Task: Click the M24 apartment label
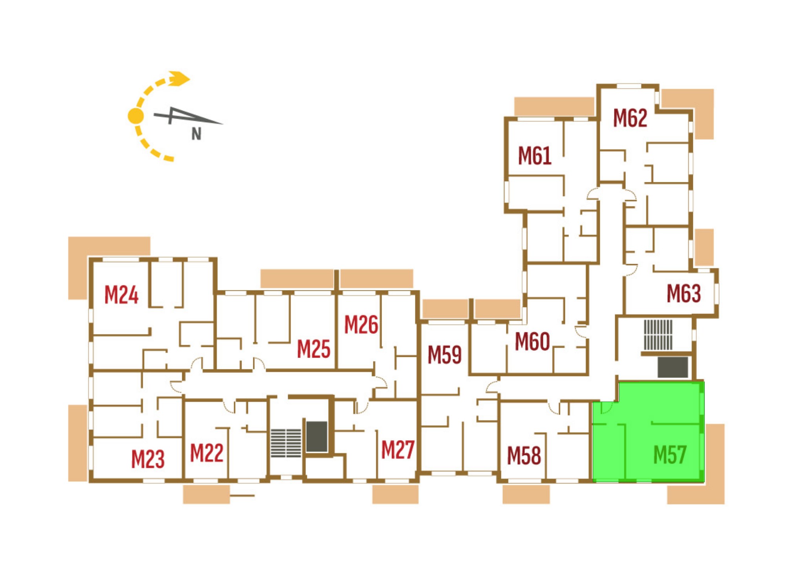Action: tap(121, 295)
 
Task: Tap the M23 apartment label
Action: tap(148, 459)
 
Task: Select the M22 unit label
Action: tap(207, 453)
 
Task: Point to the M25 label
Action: tap(314, 349)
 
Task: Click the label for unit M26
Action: tap(361, 325)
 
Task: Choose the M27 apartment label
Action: tap(398, 450)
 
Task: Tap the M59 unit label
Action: tap(444, 354)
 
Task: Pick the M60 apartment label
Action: tap(532, 341)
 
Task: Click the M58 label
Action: tap(524, 456)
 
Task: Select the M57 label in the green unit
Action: tap(670, 455)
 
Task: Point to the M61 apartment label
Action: tap(535, 156)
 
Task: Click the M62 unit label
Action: tap(630, 118)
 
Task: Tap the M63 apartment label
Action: tap(684, 294)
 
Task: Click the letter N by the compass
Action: tap(196, 134)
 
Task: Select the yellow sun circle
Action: tap(136, 116)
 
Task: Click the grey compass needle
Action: tap(188, 116)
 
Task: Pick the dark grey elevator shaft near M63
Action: tap(673, 367)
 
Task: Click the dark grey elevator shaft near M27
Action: tap(316, 437)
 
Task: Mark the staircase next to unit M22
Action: tap(286, 443)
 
